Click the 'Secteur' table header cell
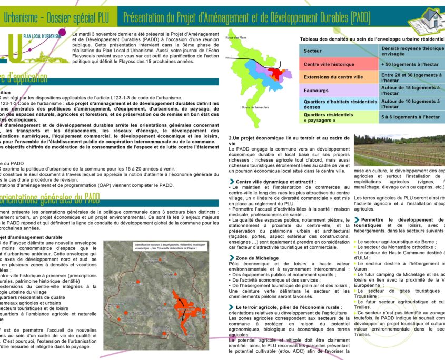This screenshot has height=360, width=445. click(312, 51)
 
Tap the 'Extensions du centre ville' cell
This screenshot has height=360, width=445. click(333, 77)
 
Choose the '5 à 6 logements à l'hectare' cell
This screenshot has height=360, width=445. click(411, 117)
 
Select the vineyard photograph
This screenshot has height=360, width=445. click(399, 150)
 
